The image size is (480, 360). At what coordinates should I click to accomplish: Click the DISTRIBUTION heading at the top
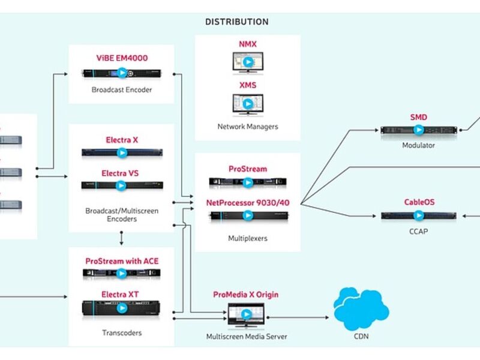[x=237, y=22]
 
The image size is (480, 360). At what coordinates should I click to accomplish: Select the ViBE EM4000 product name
[x=122, y=58]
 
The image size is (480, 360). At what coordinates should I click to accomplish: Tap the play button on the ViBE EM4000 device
[x=122, y=73]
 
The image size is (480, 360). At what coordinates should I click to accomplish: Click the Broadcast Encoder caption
[x=122, y=90]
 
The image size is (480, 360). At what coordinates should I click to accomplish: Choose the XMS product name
[x=247, y=85]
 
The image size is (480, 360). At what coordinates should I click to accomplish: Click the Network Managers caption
[x=247, y=127]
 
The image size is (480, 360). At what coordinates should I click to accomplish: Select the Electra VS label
[x=122, y=173]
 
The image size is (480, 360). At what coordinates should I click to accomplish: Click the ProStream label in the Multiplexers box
[x=247, y=169]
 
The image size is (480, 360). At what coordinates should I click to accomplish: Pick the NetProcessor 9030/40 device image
[x=247, y=216]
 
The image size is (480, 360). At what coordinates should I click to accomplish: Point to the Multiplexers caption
[x=247, y=238]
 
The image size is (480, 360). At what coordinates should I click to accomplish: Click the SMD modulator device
[x=419, y=130]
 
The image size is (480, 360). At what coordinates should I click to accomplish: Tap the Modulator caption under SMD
[x=419, y=145]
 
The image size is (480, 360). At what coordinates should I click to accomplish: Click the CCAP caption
[x=419, y=230]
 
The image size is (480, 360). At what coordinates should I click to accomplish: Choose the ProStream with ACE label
[x=122, y=261]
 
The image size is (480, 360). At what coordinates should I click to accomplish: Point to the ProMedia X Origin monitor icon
[x=245, y=315]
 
